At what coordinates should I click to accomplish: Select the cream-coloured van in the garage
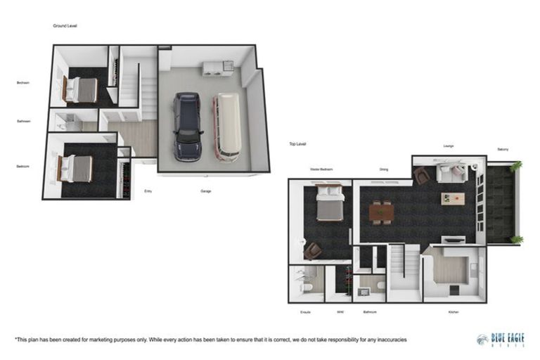pyautogui.click(x=228, y=126)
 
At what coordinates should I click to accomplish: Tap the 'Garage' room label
pyautogui.click(x=206, y=191)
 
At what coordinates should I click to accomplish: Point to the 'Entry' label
pyautogui.click(x=148, y=191)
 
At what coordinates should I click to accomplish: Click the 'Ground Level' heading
pyautogui.click(x=65, y=25)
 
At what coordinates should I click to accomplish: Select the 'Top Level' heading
pyautogui.click(x=297, y=143)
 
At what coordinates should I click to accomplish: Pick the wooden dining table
pyautogui.click(x=381, y=212)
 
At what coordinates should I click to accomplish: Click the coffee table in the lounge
pyautogui.click(x=452, y=199)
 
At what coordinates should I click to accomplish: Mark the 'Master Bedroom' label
pyautogui.click(x=321, y=169)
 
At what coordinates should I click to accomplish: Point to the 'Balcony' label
pyautogui.click(x=503, y=149)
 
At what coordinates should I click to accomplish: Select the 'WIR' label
pyautogui.click(x=340, y=311)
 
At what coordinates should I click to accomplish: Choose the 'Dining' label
pyautogui.click(x=383, y=169)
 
